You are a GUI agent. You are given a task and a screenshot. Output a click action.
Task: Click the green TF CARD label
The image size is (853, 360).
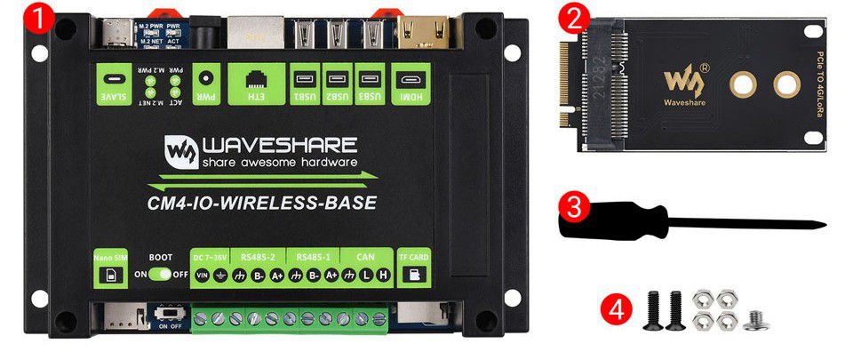[411, 268]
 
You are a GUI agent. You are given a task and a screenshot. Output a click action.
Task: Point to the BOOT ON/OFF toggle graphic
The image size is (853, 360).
[161, 275]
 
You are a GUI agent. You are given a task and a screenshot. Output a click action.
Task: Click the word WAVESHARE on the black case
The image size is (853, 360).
[280, 145]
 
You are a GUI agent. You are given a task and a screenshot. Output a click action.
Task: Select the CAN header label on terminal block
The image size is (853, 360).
[366, 257]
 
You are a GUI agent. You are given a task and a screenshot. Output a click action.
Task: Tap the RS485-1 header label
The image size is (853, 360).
[314, 257]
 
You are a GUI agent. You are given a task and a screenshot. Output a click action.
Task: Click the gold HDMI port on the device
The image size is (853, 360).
[411, 36]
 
